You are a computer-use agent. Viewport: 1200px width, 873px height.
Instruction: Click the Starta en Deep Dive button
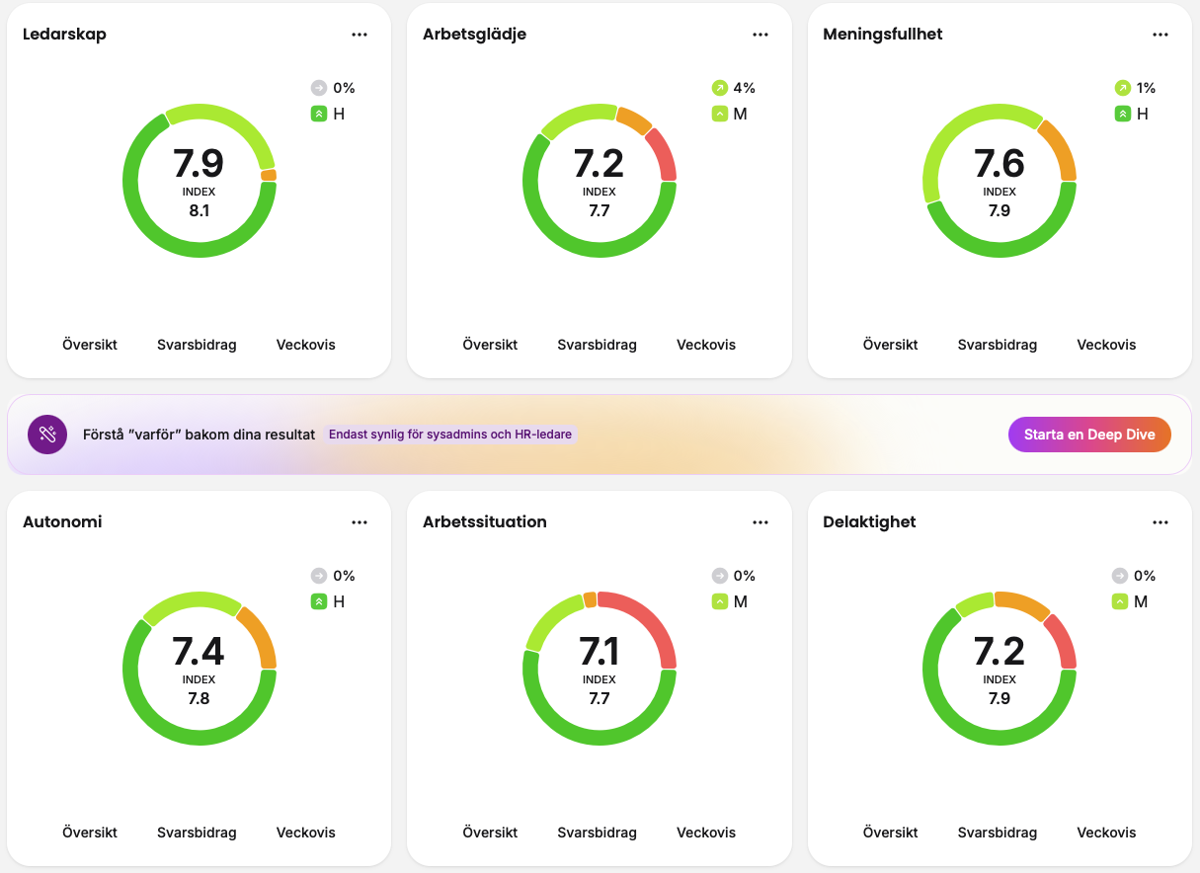click(x=1089, y=435)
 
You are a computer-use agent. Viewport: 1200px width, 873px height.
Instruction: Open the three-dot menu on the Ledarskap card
click(x=360, y=35)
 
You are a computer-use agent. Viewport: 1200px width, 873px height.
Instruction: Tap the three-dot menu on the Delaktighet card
click(x=1160, y=522)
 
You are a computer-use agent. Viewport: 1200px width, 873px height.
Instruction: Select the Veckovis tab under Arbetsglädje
click(x=706, y=345)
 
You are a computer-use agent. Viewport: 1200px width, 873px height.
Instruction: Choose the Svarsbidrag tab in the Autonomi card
click(x=197, y=833)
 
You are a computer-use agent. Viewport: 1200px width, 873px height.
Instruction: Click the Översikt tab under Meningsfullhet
click(x=890, y=345)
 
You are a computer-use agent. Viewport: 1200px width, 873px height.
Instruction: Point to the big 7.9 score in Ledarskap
click(x=199, y=163)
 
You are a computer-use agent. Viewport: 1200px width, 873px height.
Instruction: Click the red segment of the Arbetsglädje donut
click(x=663, y=154)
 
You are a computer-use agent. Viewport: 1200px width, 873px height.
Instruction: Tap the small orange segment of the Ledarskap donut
click(x=269, y=175)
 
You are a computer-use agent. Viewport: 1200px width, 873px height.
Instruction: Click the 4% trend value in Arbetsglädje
click(x=744, y=88)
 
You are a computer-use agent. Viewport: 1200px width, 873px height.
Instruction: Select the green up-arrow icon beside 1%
click(x=1122, y=88)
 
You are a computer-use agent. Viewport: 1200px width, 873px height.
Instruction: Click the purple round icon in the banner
click(x=47, y=435)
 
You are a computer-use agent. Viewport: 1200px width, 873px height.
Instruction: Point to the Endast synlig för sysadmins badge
click(x=450, y=435)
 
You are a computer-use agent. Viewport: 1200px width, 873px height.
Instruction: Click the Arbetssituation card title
click(x=485, y=521)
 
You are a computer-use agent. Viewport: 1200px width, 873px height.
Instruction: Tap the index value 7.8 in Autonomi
click(x=199, y=698)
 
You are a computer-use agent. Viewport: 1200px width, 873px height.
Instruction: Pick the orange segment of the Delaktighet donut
click(x=1022, y=603)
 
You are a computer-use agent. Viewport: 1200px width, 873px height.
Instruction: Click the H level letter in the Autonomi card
click(x=339, y=602)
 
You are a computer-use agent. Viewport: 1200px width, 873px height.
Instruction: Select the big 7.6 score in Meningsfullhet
click(x=1000, y=163)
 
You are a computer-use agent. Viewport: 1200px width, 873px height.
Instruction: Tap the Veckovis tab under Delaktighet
click(x=1106, y=833)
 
